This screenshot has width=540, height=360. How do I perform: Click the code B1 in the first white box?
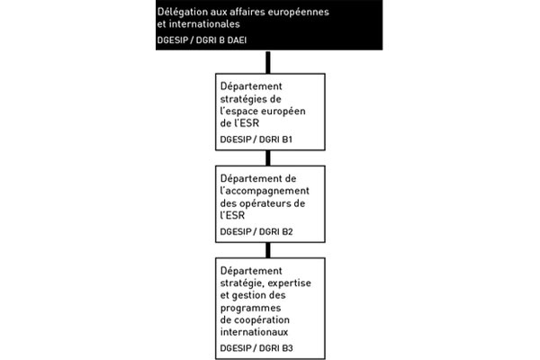(287, 139)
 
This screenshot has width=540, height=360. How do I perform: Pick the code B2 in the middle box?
(287, 232)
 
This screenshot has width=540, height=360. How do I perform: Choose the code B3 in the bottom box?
(287, 348)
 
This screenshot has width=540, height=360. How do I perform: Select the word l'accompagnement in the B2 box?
(265, 191)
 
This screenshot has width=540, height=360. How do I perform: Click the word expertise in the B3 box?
(289, 283)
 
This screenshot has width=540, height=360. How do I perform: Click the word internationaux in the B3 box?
(254, 332)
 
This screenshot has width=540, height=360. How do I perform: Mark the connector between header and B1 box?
(268, 62)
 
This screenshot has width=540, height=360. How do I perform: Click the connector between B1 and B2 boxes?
(268, 158)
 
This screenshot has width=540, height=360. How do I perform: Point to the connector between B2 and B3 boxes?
(268, 250)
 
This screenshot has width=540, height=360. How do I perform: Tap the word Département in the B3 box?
(251, 271)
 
